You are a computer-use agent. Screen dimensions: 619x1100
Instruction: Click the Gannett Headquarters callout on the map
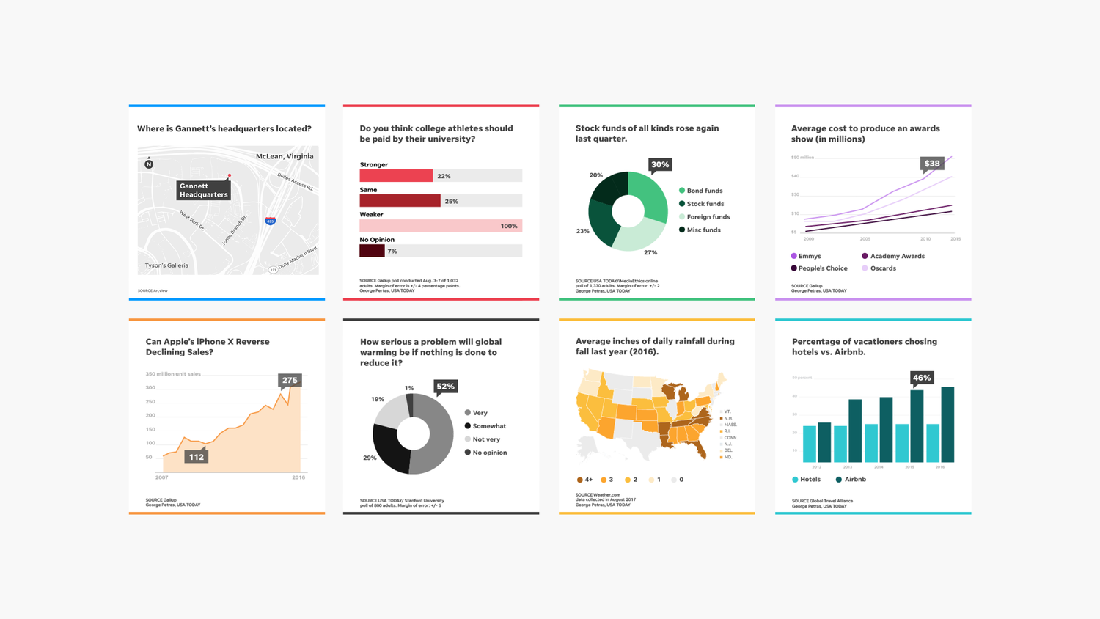[x=203, y=190]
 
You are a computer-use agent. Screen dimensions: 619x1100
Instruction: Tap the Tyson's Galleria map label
[x=166, y=265]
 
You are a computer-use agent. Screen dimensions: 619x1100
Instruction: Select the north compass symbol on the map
[x=149, y=164]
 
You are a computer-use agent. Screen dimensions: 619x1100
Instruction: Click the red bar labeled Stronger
[x=396, y=176]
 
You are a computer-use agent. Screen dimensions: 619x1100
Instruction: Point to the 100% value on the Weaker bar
[x=509, y=226]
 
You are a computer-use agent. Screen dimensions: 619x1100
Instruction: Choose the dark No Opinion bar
[x=372, y=251]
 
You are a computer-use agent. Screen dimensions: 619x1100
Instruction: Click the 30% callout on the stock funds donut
[x=660, y=165]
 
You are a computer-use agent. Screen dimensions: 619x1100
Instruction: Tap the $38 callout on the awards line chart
[x=931, y=164]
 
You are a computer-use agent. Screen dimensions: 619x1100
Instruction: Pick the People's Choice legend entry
[x=819, y=268]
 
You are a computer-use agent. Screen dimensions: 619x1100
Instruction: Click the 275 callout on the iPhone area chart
[x=290, y=380]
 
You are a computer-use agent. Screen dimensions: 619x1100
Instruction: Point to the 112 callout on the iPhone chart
[x=196, y=457]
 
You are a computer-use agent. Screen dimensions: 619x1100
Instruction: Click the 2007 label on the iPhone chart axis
[x=161, y=477]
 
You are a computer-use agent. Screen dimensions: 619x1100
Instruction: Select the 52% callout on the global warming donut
[x=445, y=387]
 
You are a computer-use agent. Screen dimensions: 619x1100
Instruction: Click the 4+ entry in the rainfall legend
[x=584, y=480]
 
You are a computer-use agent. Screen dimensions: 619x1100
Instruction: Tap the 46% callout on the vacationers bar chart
[x=921, y=378]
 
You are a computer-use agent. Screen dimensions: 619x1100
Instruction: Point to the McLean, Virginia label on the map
[x=285, y=156]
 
